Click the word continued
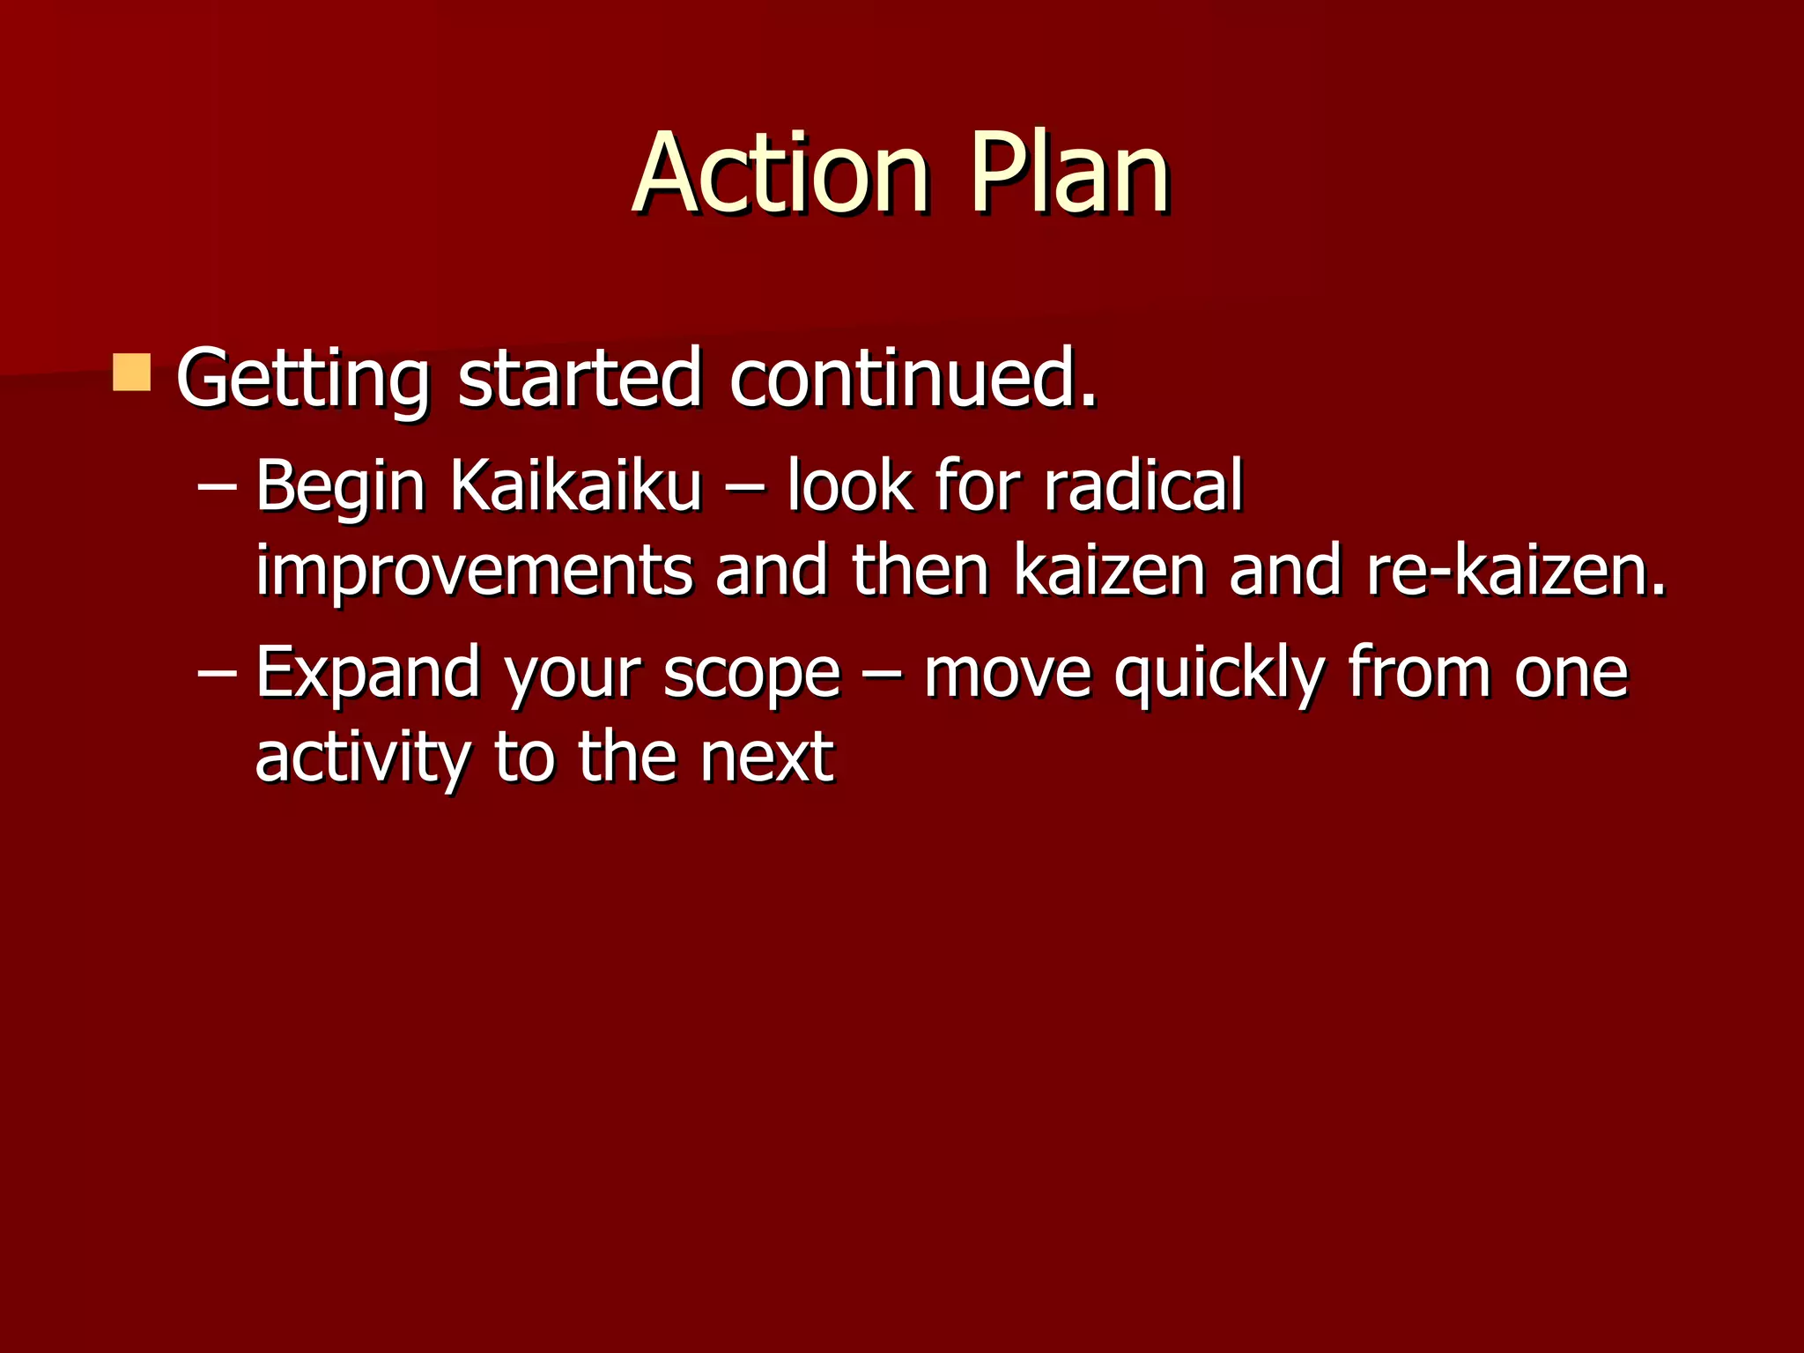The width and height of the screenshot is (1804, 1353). (913, 379)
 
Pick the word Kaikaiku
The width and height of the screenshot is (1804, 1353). (576, 485)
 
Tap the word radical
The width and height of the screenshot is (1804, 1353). (1143, 485)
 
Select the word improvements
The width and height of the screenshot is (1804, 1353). (474, 572)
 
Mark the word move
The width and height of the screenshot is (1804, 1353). (1007, 673)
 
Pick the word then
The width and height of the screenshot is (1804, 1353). (920, 571)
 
